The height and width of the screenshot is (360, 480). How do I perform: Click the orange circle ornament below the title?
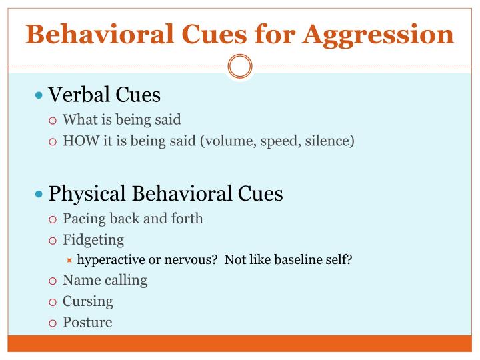click(x=240, y=67)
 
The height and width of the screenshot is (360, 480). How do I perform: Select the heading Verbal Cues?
click(x=105, y=95)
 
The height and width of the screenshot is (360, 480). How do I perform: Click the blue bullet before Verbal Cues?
click(x=39, y=95)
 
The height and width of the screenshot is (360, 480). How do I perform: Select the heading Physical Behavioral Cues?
click(x=166, y=193)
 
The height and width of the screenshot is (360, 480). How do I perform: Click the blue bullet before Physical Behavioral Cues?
click(x=39, y=194)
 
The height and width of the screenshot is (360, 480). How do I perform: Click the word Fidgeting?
click(x=93, y=239)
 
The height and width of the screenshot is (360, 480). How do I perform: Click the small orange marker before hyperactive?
click(x=69, y=260)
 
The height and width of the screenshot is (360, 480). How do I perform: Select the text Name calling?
click(x=105, y=280)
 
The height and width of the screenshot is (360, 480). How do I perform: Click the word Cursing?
click(x=88, y=301)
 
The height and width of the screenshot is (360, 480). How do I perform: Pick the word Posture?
click(x=87, y=322)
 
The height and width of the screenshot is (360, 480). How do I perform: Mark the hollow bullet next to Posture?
click(x=54, y=323)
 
